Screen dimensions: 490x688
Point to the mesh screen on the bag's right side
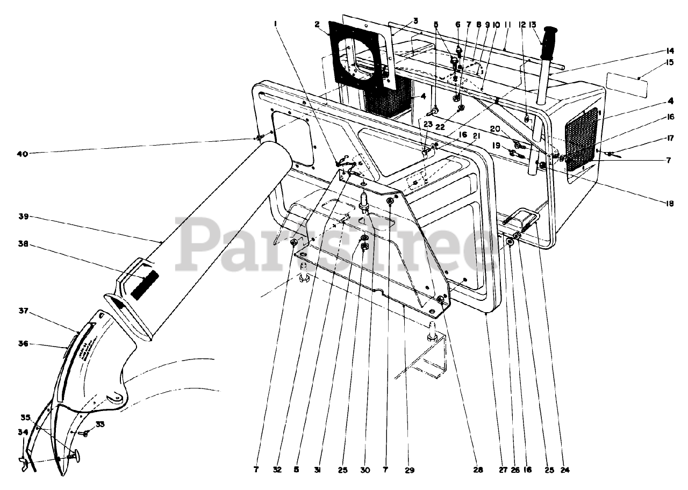tap(583, 139)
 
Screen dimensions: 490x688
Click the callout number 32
tap(277, 470)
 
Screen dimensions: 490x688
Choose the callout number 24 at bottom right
tap(564, 470)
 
